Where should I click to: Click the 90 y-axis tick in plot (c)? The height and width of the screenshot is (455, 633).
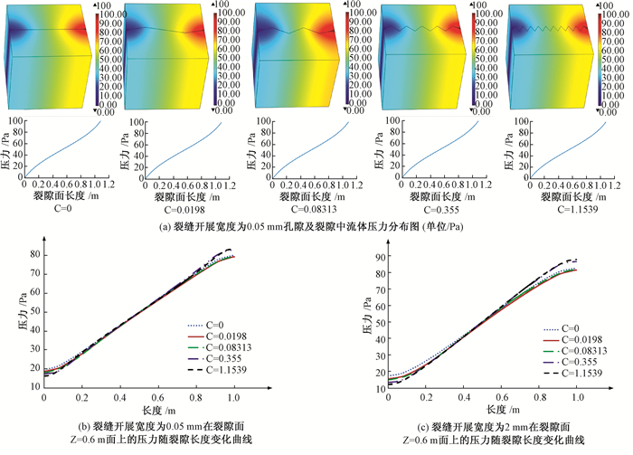[381, 256]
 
